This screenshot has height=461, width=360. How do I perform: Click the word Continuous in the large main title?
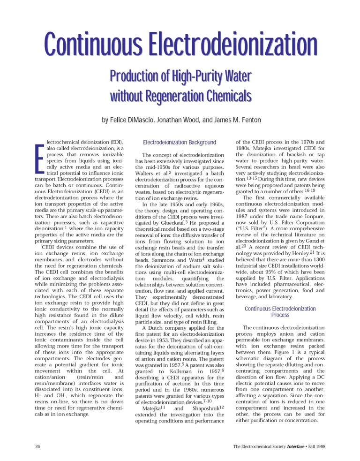point(94,46)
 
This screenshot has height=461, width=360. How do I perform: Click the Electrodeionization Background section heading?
point(180,142)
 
